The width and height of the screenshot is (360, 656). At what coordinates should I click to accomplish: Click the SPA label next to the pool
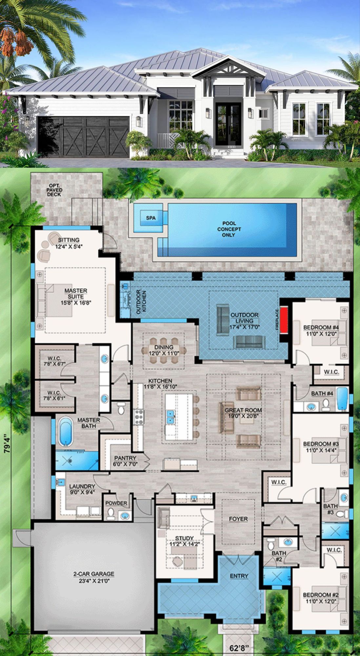[x=151, y=218]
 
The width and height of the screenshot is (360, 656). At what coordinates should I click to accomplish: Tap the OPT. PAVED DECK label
[x=54, y=190]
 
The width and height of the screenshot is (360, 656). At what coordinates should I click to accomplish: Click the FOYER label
[x=238, y=519]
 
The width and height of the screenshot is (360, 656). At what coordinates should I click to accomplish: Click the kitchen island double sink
[x=170, y=416]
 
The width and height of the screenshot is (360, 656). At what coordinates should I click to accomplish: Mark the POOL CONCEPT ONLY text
[x=229, y=229]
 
